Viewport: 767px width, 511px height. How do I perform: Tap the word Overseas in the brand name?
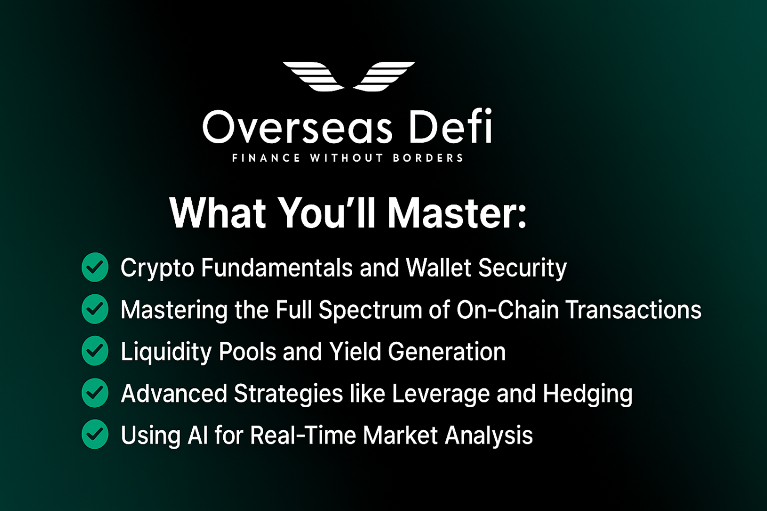(x=297, y=128)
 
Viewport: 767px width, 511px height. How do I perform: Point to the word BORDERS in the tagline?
(x=428, y=158)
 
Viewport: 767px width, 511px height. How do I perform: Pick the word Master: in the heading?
(x=456, y=213)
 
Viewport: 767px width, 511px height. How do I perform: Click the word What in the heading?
(x=218, y=213)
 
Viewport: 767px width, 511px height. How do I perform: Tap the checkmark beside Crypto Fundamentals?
(x=95, y=267)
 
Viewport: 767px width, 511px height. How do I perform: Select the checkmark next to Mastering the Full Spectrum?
(x=95, y=309)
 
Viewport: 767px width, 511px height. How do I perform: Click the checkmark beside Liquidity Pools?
(x=95, y=351)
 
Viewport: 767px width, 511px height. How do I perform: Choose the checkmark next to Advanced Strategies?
(x=95, y=393)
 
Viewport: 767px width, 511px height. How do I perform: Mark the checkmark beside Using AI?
(x=95, y=435)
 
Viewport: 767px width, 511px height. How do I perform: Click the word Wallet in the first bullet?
(x=438, y=267)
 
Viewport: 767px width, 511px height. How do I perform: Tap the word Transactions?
(x=633, y=310)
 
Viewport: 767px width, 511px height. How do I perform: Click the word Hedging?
(x=588, y=394)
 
